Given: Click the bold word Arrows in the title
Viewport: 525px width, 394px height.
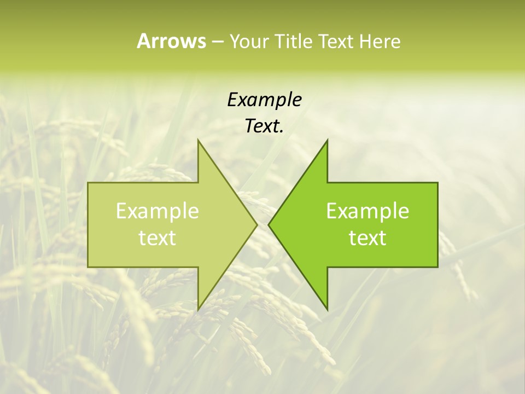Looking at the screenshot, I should pos(171,41).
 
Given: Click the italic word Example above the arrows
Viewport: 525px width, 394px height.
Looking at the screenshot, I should pos(265,100).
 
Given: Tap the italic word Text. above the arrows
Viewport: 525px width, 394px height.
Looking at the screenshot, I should pos(265,126).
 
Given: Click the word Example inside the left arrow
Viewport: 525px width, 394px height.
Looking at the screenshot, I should pos(157,211).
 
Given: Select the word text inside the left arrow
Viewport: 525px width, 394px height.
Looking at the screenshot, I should pos(157,238).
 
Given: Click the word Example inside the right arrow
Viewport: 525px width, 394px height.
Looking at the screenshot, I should pos(367,211).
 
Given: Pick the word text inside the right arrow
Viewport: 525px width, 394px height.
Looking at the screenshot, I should pos(367,238).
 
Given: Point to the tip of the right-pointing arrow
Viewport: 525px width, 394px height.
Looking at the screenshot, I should pos(257,224).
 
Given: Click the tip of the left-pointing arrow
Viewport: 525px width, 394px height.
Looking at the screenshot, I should pos(269,224).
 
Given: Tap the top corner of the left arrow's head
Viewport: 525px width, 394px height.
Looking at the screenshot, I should pos(198,140).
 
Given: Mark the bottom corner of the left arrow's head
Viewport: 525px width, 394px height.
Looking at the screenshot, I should pos(198,310).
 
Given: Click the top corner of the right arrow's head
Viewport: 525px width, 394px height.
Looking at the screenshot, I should pos(328,140).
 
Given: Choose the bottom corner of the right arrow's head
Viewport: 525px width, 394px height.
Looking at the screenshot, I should pos(328,310).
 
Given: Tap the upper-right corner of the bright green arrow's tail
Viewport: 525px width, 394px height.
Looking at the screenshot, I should pos(437,182).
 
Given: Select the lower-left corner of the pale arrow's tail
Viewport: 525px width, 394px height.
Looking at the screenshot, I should pos(88,267).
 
